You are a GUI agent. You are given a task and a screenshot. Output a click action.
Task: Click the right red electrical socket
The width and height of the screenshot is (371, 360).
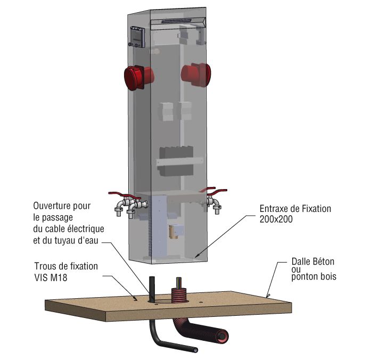click(199, 73)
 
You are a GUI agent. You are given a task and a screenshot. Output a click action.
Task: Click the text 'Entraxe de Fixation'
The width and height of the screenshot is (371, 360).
click(295, 209)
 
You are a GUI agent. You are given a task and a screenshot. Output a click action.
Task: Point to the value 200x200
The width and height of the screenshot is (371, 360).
click(276, 219)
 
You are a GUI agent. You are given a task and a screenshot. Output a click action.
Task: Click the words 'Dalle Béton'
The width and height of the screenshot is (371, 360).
click(314, 262)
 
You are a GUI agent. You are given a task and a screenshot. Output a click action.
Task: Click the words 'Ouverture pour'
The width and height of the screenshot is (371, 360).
click(62, 205)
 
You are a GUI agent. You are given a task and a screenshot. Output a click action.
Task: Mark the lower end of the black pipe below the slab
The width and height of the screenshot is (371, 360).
click(196, 350)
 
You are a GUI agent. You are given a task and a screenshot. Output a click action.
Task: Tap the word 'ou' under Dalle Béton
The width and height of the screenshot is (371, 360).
click(296, 269)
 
